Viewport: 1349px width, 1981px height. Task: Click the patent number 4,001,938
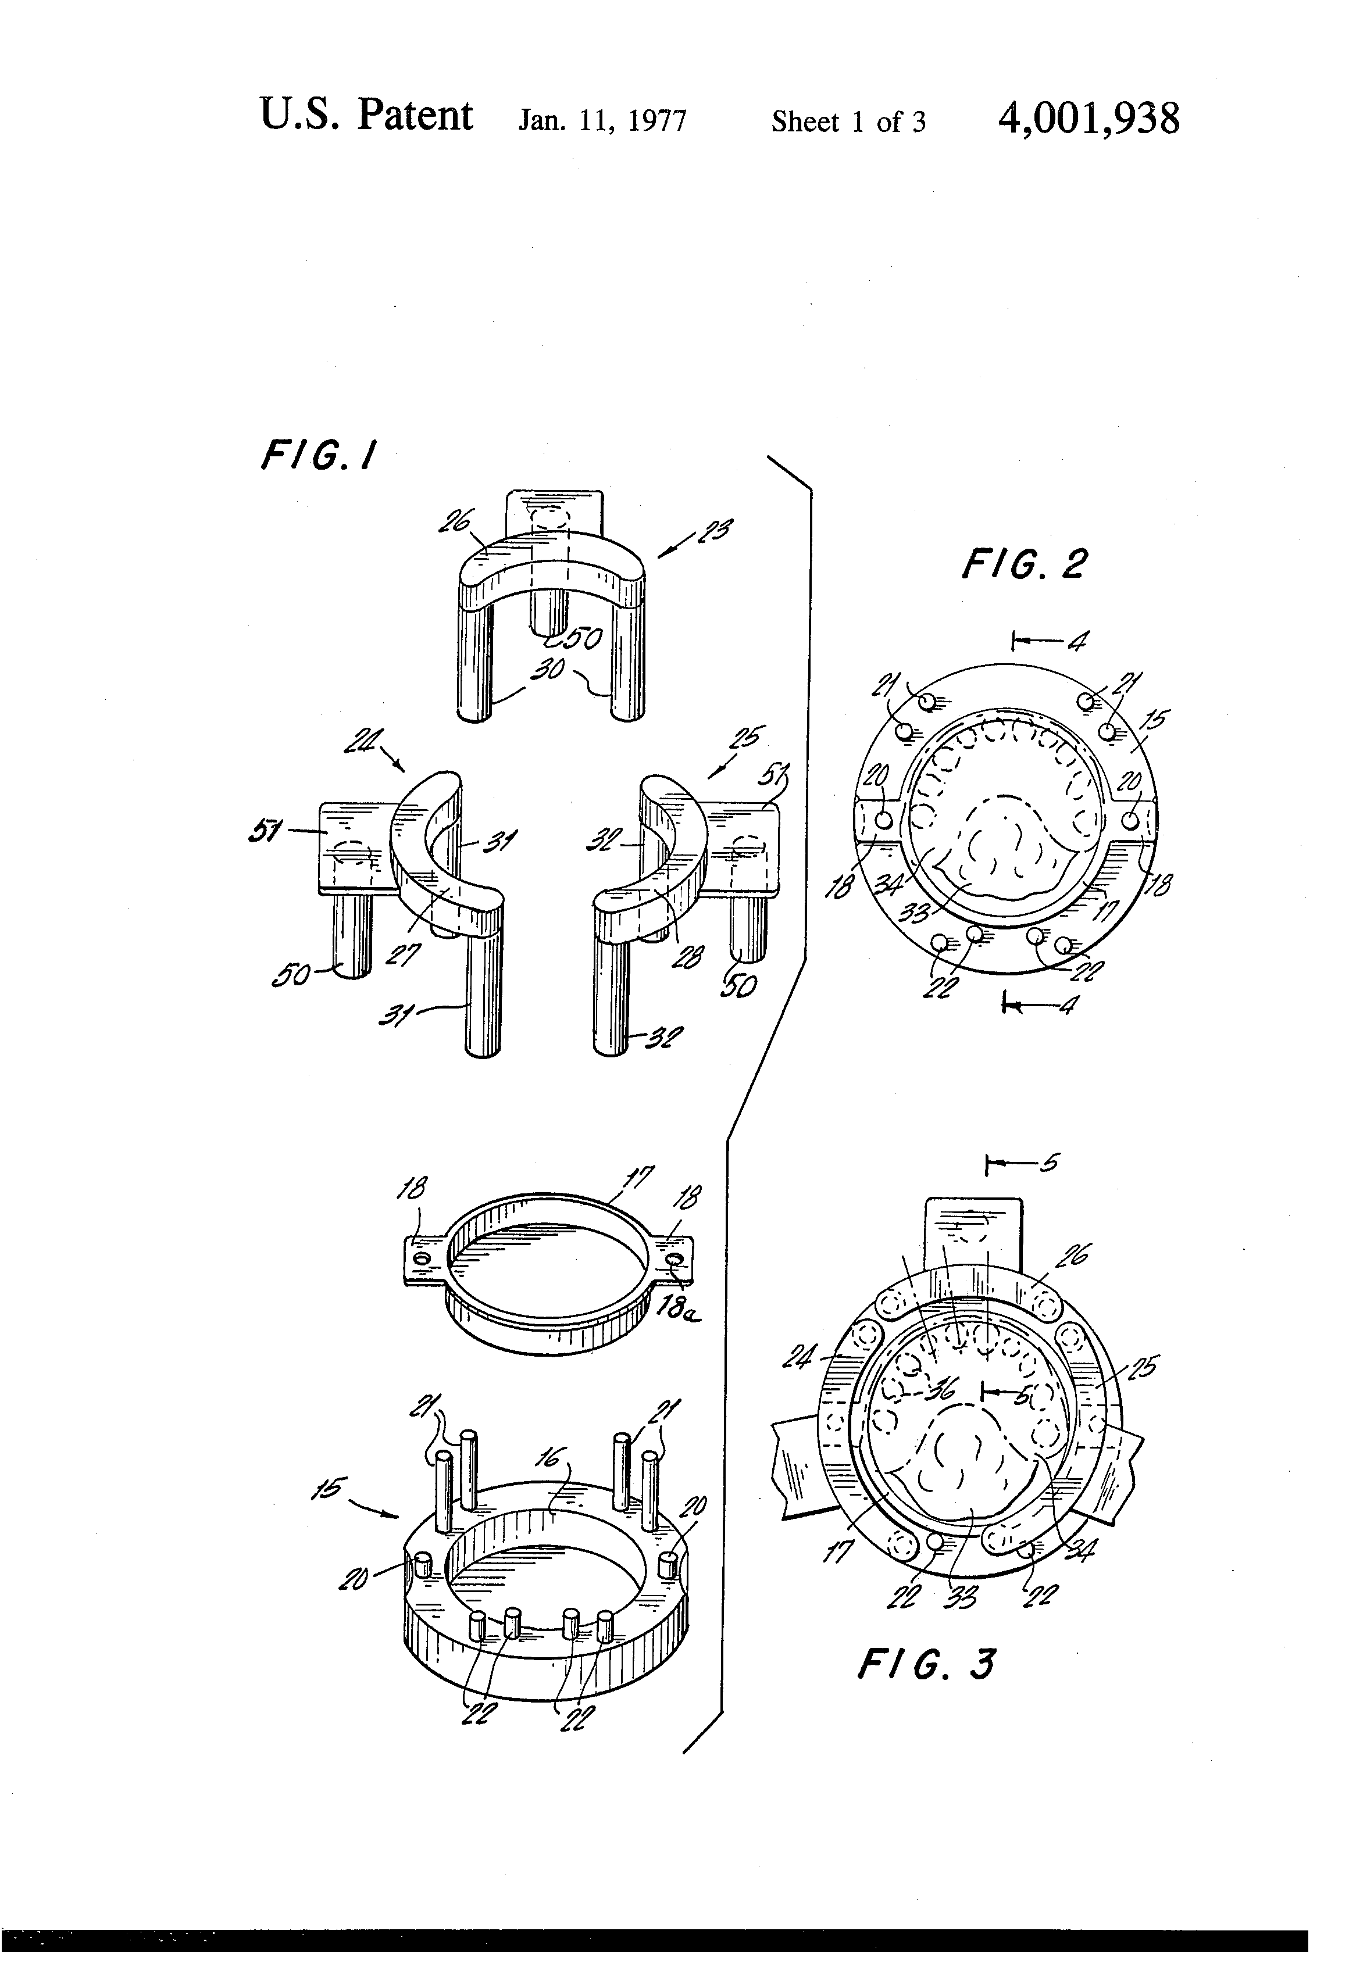(1088, 119)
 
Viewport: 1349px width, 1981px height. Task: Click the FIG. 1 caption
(317, 456)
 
